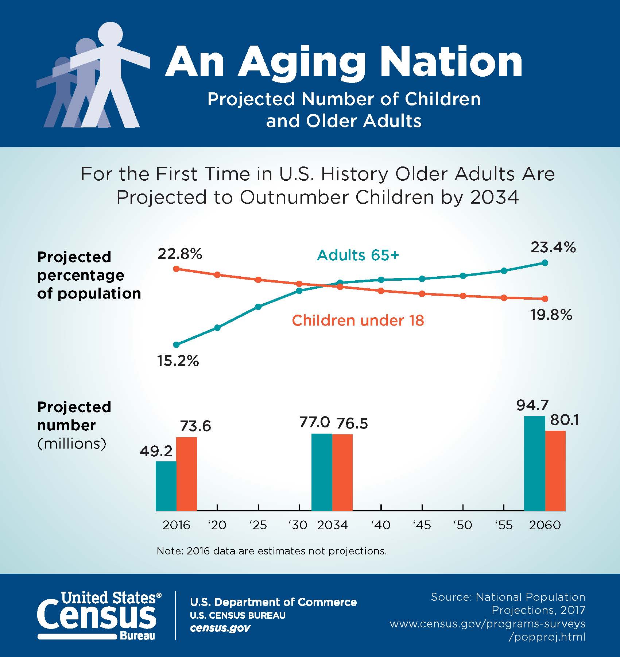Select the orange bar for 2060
pos(555,470)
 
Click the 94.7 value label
pos(532,406)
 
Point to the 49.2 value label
pos(156,452)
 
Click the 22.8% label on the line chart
pos(180,254)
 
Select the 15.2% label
pos(178,361)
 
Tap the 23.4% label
pos(553,247)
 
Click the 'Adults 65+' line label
pos(358,255)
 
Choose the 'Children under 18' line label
pos(358,320)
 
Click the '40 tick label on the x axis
pos(381,525)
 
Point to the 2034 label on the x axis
pos(332,525)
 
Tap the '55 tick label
pos(504,525)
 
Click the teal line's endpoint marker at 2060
pos(545,263)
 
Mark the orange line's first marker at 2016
pos(177,269)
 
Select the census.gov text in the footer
pos(220,628)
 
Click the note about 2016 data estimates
pos(272,551)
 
